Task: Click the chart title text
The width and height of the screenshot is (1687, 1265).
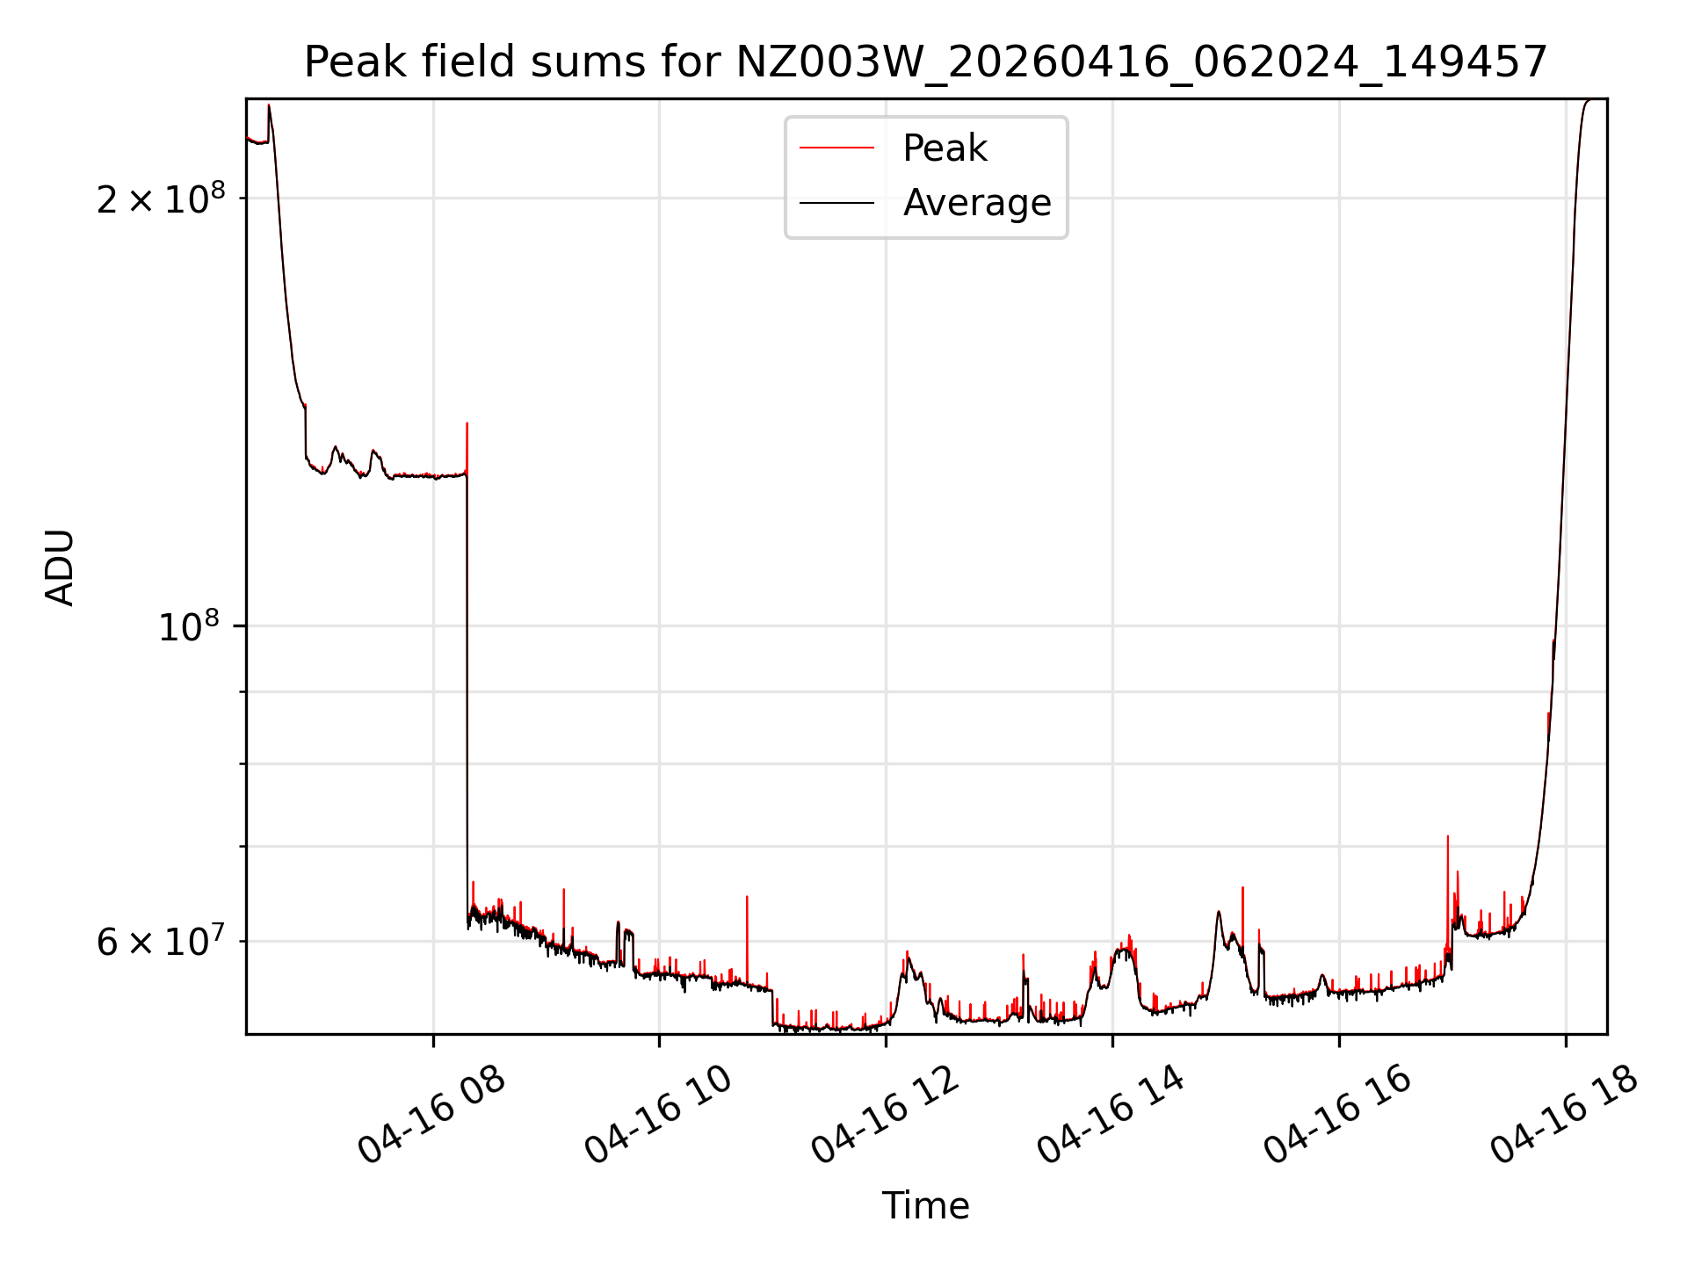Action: click(925, 62)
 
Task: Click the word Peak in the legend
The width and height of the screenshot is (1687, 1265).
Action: click(945, 148)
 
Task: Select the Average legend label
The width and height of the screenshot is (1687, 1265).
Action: click(976, 203)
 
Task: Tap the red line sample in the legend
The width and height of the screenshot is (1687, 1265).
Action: click(836, 148)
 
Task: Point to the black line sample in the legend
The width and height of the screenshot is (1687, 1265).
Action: click(836, 203)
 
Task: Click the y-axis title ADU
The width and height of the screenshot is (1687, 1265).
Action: click(60, 567)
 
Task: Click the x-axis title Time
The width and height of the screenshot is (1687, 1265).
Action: click(925, 1205)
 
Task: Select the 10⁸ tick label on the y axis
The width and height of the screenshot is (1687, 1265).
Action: click(188, 627)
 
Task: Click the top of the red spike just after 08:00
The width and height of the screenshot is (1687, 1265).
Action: click(467, 423)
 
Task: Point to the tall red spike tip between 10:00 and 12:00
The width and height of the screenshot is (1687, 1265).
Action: click(747, 897)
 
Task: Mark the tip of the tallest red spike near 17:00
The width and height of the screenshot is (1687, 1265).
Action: click(1447, 836)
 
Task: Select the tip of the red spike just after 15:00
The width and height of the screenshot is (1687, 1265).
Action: click(1242, 887)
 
